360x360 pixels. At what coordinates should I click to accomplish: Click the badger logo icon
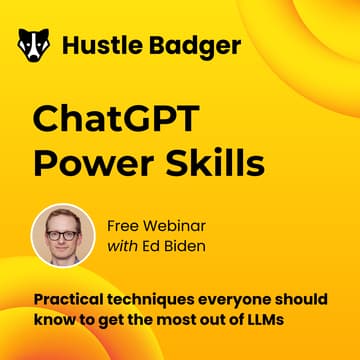(34, 45)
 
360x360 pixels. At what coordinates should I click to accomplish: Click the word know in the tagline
(52, 320)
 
